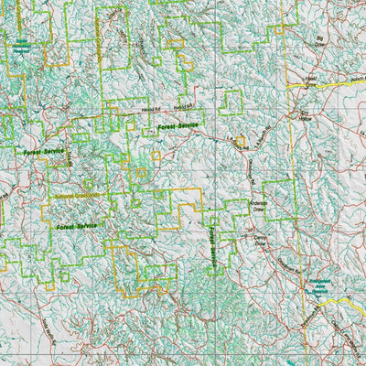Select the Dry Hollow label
pyautogui.click(x=307, y=117)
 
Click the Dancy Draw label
pyautogui.click(x=251, y=242)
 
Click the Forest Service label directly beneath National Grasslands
pyautogui.click(x=76, y=223)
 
